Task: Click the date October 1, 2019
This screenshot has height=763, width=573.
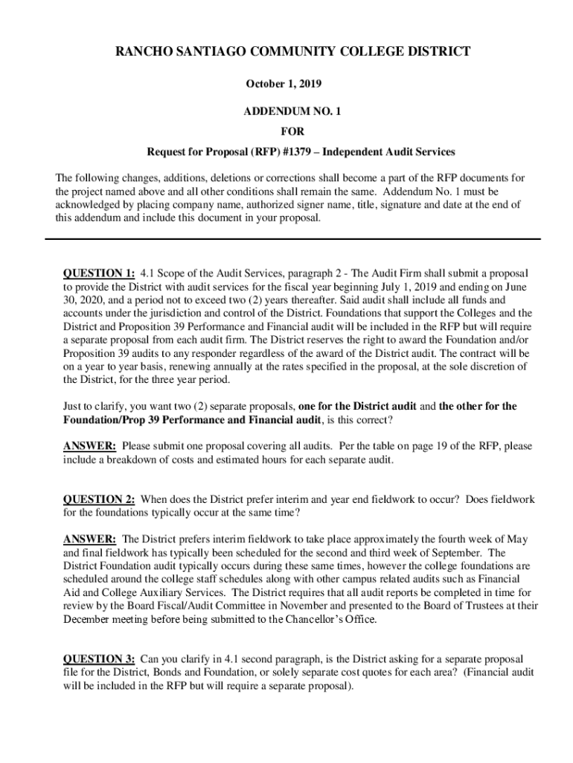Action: pyautogui.click(x=286, y=84)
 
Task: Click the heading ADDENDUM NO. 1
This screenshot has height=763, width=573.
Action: pyautogui.click(x=286, y=110)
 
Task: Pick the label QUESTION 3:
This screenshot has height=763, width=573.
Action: pyautogui.click(x=99, y=659)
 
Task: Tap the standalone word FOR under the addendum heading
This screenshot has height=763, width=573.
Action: pyautogui.click(x=286, y=131)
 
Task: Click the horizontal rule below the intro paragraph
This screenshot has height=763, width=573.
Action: pyautogui.click(x=292, y=238)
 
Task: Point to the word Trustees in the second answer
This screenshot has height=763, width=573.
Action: pyautogui.click(x=486, y=606)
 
